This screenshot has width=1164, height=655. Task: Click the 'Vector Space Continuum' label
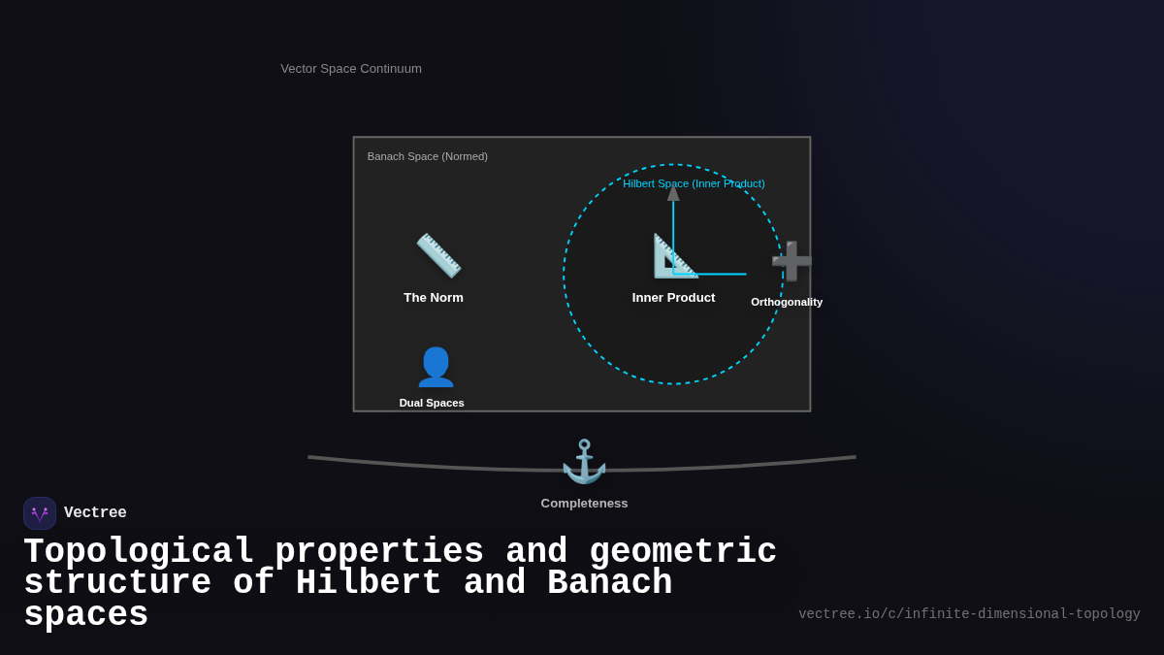point(351,69)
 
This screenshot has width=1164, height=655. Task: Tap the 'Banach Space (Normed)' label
point(427,156)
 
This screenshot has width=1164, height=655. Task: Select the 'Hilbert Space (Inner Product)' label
point(694,183)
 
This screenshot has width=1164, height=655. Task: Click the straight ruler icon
point(438,255)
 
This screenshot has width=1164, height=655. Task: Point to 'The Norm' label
point(434,298)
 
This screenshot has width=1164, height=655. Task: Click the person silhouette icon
point(436,367)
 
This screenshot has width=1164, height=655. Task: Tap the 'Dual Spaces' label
point(432,403)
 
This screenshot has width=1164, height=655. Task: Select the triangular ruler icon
point(674,256)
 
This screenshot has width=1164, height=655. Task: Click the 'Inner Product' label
point(673,298)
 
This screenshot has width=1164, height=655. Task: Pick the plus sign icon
point(791,261)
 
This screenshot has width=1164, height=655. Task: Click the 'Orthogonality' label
point(787,302)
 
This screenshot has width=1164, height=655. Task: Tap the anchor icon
point(584,462)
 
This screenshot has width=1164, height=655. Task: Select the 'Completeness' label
point(584,504)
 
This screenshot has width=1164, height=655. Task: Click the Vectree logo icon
point(40,513)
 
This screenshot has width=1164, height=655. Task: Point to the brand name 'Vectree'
point(95,513)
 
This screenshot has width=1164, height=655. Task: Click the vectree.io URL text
point(969,614)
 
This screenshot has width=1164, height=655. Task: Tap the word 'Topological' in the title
point(139,552)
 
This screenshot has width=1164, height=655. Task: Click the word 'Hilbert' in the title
point(369,583)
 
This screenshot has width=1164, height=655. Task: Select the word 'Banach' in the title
point(609,583)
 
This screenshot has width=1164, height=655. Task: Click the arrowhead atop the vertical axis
point(673,192)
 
